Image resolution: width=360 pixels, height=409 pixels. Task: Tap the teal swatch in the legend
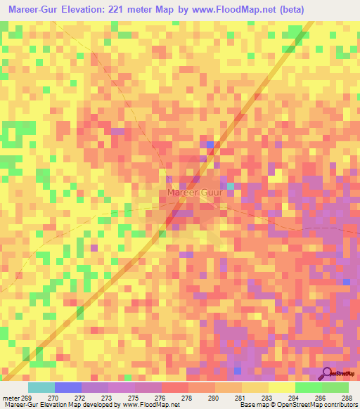point(41,387)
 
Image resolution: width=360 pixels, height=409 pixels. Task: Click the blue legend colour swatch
point(68,387)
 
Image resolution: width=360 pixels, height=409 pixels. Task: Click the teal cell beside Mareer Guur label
point(231,186)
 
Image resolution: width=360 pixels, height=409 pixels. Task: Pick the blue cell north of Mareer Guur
point(210,145)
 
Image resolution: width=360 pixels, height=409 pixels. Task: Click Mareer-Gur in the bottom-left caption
point(18,405)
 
